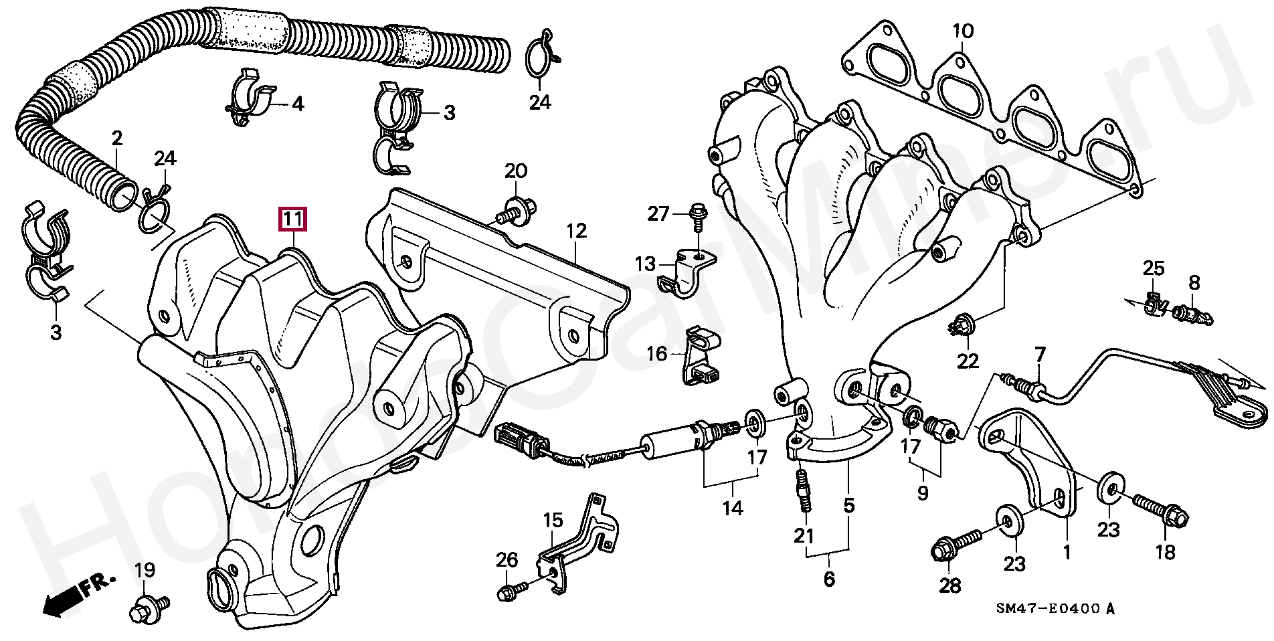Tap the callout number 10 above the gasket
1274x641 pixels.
(963, 31)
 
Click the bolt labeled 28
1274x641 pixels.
(957, 543)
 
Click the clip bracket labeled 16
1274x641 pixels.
(701, 357)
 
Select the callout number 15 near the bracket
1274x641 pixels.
(553, 519)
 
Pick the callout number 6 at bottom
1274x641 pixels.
(829, 578)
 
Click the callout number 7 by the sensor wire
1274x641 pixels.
(1039, 353)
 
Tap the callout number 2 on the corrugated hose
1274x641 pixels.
(117, 139)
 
